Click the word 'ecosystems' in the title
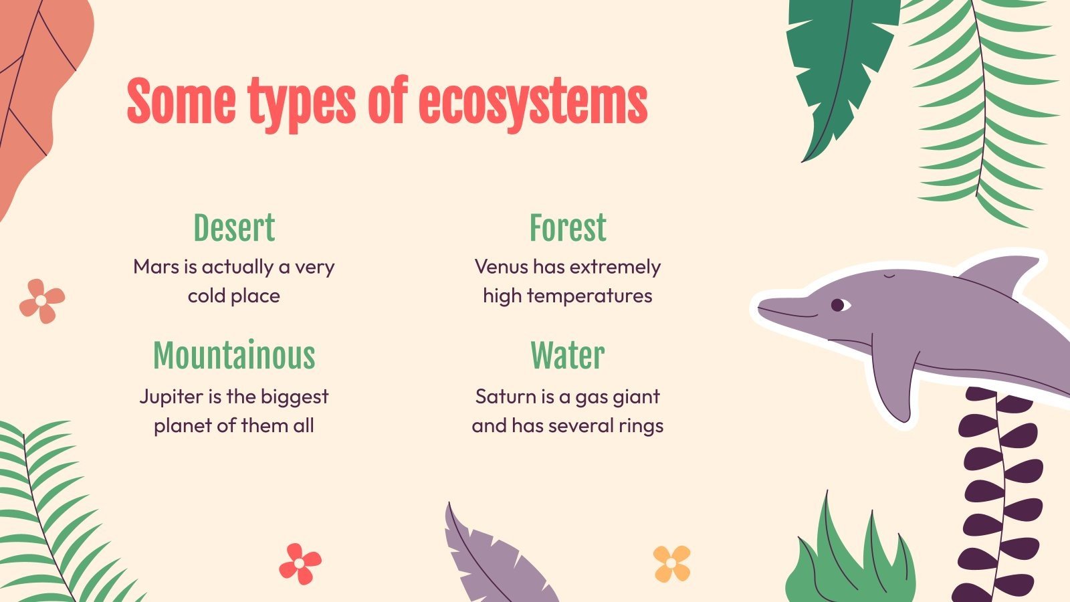point(532,104)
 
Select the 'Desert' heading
point(234,228)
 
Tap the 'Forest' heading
point(568,228)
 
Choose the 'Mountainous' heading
point(234,356)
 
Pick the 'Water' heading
point(568,356)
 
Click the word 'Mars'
point(156,267)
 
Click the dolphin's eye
point(838,305)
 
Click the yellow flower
point(671,563)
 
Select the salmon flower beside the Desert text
point(41,301)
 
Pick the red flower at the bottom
point(300,563)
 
